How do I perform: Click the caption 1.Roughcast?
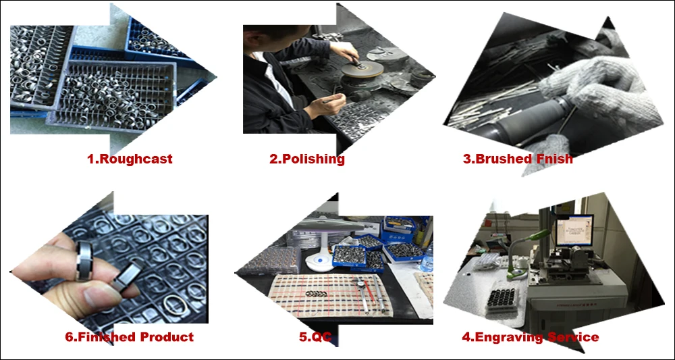tap(130, 159)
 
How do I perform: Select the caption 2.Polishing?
tap(307, 159)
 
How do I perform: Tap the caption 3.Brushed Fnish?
tap(518, 159)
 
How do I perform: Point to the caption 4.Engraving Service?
tap(531, 337)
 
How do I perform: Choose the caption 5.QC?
tap(315, 337)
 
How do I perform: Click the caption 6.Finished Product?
tap(129, 337)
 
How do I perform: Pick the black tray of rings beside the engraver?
tap(504, 303)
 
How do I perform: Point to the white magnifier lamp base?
tap(318, 262)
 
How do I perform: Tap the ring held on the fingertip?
tap(84, 261)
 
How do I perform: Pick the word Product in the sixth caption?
tap(167, 337)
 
